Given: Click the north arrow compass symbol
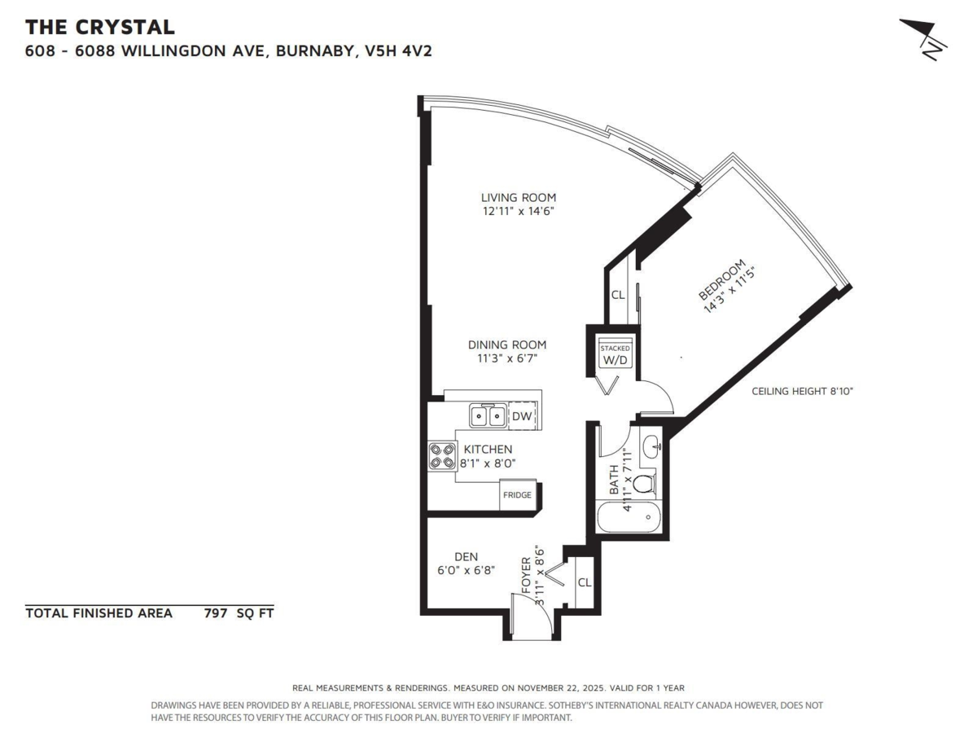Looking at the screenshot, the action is pyautogui.click(x=922, y=39).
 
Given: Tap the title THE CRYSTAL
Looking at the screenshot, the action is pyautogui.click(x=100, y=27).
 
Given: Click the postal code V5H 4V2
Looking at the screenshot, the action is pyautogui.click(x=398, y=51).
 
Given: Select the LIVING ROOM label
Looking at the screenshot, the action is pyautogui.click(x=519, y=197).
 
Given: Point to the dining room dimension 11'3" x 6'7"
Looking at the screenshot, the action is pyautogui.click(x=507, y=358).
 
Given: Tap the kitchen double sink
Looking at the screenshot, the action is pyautogui.click(x=488, y=415).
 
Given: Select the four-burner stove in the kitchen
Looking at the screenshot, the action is pyautogui.click(x=442, y=456).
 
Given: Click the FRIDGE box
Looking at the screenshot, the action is pyautogui.click(x=517, y=494).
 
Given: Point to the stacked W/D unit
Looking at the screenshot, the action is pyautogui.click(x=615, y=356).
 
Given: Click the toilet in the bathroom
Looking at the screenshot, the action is pyautogui.click(x=645, y=484).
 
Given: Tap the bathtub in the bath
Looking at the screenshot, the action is pyautogui.click(x=629, y=516).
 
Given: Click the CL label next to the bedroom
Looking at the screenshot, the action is pyautogui.click(x=618, y=295).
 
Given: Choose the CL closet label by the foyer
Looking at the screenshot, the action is pyautogui.click(x=585, y=582).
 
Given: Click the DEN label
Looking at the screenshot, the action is pyautogui.click(x=466, y=556).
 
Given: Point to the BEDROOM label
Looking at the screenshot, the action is pyautogui.click(x=721, y=279).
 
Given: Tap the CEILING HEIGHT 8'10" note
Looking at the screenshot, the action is pyautogui.click(x=802, y=391).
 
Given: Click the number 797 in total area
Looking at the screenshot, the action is pyautogui.click(x=216, y=613).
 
